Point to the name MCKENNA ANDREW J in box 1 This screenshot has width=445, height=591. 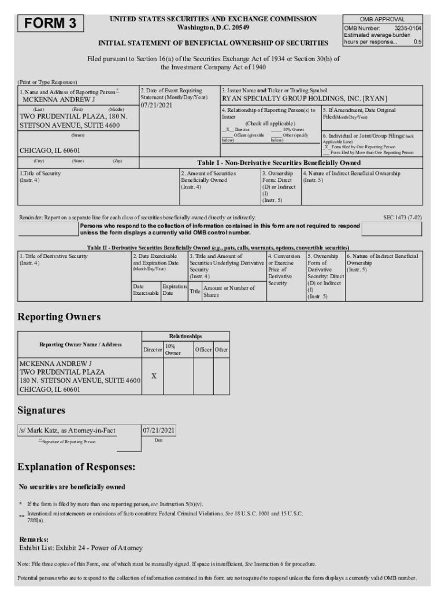(58, 99)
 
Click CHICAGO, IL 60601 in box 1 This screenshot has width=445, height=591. (46, 151)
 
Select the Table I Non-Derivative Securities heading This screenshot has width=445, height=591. (279, 163)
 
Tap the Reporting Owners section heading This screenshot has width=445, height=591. (59, 317)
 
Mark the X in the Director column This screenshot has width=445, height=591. (153, 376)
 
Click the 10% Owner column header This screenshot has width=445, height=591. (173, 349)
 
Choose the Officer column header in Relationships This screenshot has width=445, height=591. (203, 349)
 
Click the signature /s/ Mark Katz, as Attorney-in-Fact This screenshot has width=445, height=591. (67, 431)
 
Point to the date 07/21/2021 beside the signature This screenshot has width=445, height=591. (159, 431)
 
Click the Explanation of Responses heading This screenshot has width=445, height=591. (76, 466)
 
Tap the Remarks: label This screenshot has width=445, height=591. (34, 538)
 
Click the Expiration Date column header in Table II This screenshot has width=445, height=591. (174, 289)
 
